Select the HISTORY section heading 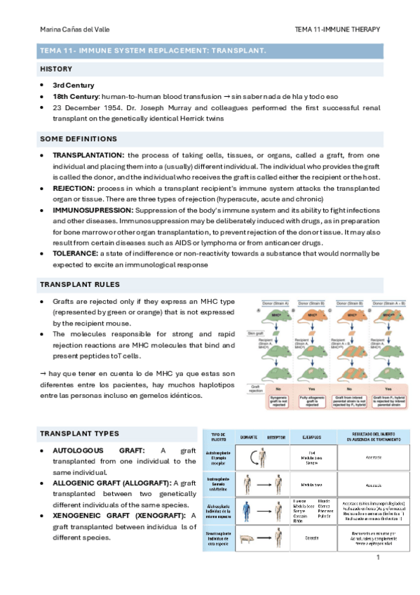pyautogui.click(x=56, y=69)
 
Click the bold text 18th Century pyautogui.click(x=76, y=95)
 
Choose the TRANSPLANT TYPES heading pyautogui.click(x=79, y=433)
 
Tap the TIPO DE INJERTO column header pyautogui.click(x=217, y=436)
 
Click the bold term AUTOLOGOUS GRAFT pyautogui.click(x=100, y=450)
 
